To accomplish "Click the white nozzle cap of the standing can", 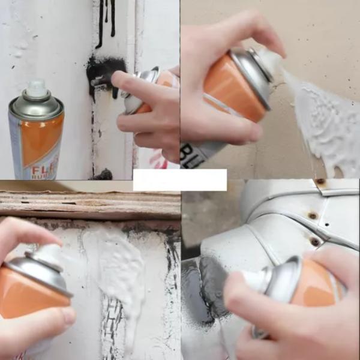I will tap(37, 89).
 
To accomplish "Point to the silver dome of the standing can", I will tap(36, 107).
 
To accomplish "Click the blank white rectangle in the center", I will tap(180, 180).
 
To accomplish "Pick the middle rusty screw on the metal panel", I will tap(312, 215).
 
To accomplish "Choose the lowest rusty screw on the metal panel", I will tap(315, 241).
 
